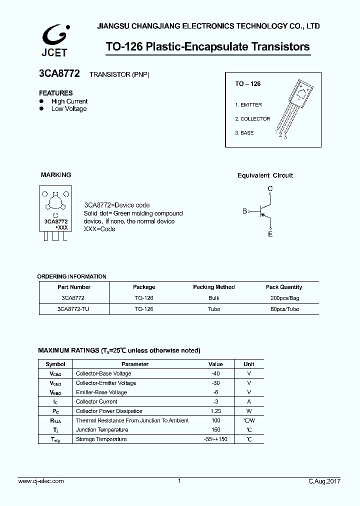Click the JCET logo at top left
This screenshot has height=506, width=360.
point(53,39)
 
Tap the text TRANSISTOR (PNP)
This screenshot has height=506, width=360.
point(119,74)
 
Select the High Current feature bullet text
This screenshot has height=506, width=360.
point(69,101)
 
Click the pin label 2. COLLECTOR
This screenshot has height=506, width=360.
point(252,119)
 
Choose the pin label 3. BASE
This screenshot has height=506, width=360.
point(244,133)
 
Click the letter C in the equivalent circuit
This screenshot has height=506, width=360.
point(270,188)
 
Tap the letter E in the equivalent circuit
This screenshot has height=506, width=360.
point(270,234)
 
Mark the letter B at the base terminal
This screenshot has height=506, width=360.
point(244,211)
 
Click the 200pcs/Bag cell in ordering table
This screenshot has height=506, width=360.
point(283,298)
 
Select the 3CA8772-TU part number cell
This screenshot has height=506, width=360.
point(73,309)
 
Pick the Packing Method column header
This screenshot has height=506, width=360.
point(213,287)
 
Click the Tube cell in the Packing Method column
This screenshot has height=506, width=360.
point(213,309)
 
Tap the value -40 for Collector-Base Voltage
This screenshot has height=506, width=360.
point(215,373)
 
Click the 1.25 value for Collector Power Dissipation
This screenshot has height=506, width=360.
point(215,411)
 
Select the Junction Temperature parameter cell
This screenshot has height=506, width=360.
point(102,430)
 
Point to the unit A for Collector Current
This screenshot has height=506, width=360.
point(248,401)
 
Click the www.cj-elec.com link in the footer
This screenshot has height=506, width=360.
point(41,481)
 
